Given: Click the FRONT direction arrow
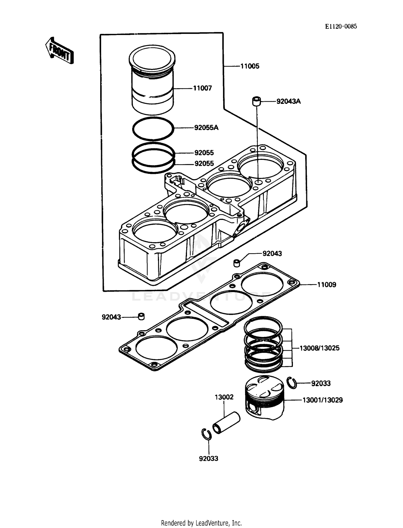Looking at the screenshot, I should [59, 51].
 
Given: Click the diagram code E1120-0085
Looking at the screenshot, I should [341, 26].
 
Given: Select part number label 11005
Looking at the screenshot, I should [250, 66].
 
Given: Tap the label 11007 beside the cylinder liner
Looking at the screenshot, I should [202, 88].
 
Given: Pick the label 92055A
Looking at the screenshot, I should [206, 128].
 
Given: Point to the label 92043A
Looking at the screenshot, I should [288, 101].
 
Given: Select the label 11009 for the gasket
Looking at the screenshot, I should [326, 285].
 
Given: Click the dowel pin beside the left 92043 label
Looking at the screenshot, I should [141, 316].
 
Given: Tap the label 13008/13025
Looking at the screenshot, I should [319, 348].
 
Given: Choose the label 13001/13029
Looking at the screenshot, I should [322, 400].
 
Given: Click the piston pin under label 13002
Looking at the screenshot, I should [226, 423].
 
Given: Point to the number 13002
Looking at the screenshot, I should [224, 397].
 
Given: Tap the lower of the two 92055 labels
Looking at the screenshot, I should [204, 164].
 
